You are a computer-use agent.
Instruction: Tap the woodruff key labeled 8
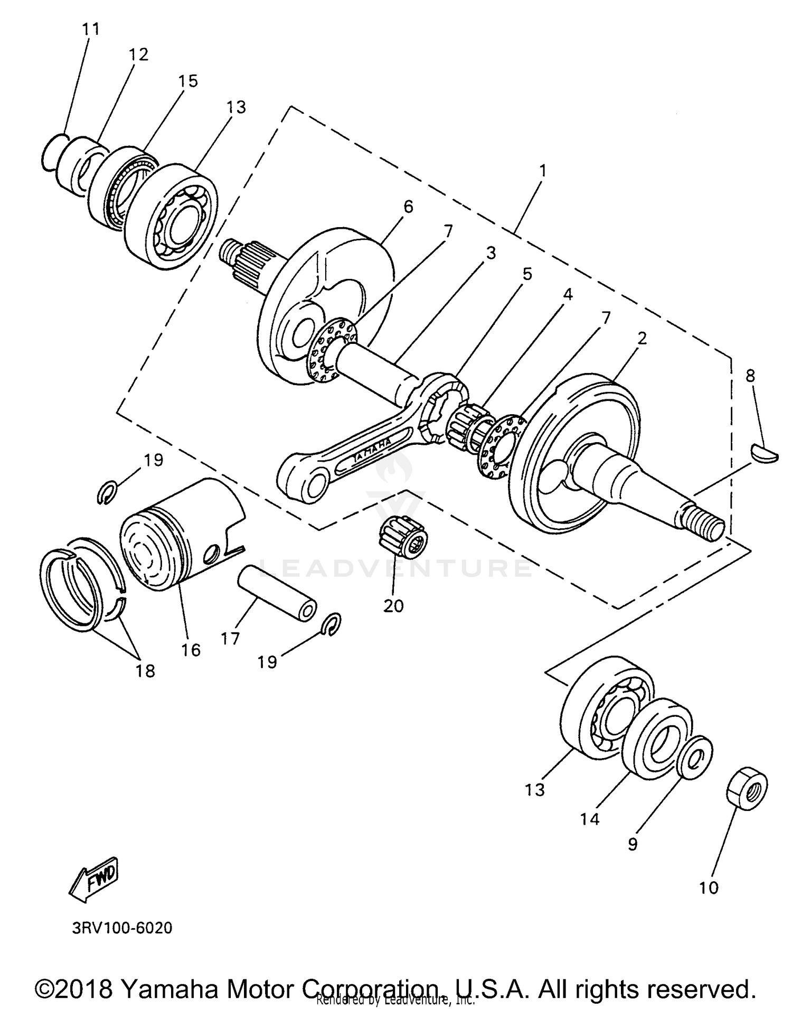[764, 453]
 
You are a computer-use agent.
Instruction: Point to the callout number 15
[188, 81]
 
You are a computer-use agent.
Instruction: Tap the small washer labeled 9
[695, 756]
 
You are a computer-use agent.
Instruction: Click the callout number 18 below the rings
[145, 671]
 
